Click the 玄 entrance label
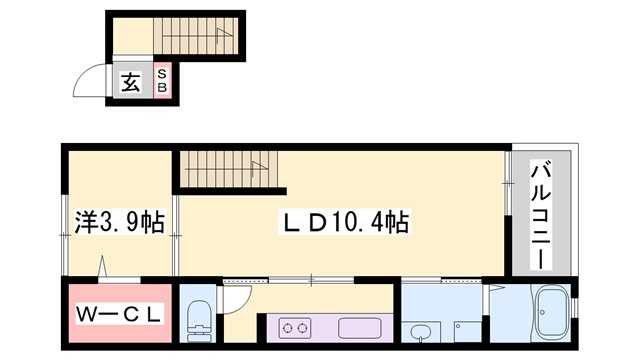coord(131,82)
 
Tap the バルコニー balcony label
coord(541,215)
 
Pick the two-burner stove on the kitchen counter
coord(297,326)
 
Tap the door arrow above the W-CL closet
coord(104,266)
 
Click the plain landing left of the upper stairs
coord(131,38)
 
